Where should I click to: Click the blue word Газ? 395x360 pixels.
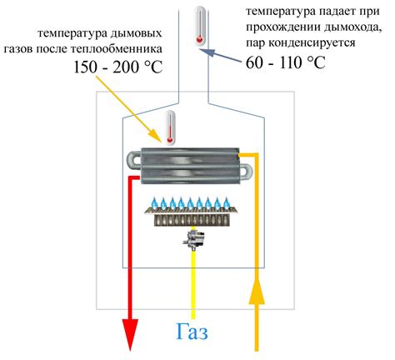192,332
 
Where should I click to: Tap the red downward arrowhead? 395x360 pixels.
130,334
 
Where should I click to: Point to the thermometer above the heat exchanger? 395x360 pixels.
169,127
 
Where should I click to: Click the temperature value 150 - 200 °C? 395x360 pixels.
117,67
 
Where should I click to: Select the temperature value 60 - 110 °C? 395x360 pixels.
285,62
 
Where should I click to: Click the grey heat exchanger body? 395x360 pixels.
190,166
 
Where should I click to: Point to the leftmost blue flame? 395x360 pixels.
154,203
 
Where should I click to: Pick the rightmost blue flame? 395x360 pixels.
227,203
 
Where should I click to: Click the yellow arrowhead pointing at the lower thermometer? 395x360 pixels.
155,135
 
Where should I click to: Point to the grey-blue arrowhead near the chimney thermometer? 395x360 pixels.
207,52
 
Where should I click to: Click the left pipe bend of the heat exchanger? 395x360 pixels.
134,161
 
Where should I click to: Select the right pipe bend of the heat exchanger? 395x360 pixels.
246,172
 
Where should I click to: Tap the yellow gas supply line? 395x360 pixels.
193,284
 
